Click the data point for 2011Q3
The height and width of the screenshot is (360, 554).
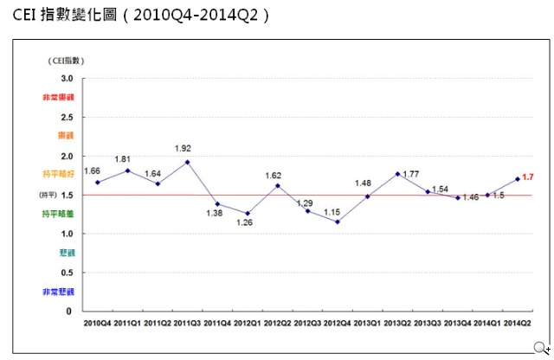click(188, 162)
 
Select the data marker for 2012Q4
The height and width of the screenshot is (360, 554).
click(338, 222)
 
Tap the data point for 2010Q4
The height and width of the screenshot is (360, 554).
click(98, 183)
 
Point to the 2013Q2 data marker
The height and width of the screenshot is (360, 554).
click(397, 174)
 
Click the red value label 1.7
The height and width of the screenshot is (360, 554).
click(528, 177)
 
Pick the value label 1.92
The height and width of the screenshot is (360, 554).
click(183, 148)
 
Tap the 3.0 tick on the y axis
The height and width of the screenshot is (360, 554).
click(67, 79)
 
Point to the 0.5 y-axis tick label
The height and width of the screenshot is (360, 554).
click(67, 273)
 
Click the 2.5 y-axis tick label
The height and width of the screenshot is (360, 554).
click(67, 118)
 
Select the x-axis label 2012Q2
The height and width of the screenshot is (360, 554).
click(278, 323)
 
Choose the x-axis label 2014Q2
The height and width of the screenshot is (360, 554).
click(518, 323)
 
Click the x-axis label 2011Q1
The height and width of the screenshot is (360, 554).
click(128, 323)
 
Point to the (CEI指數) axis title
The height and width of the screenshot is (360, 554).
click(66, 60)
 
